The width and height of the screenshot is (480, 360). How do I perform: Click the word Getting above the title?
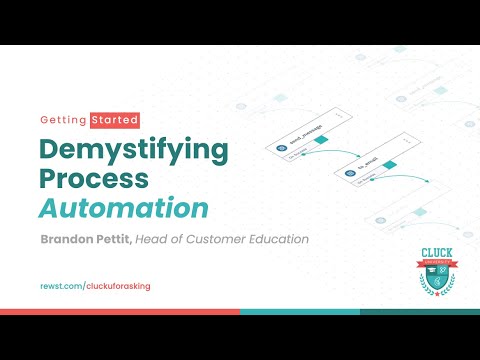64,120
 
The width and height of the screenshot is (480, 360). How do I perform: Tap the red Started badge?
114,120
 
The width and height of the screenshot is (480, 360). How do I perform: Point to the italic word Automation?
124,210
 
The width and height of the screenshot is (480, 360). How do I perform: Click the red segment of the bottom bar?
120,311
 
